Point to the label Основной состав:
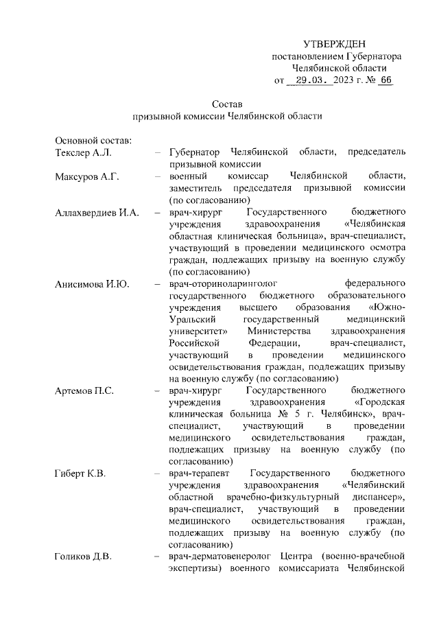(88, 140)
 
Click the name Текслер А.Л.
(82, 152)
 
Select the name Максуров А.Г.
(87, 176)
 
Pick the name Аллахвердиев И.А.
(97, 213)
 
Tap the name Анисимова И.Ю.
(91, 282)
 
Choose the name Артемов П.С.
(84, 390)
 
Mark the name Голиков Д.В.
(83, 556)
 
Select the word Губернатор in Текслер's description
(195, 152)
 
